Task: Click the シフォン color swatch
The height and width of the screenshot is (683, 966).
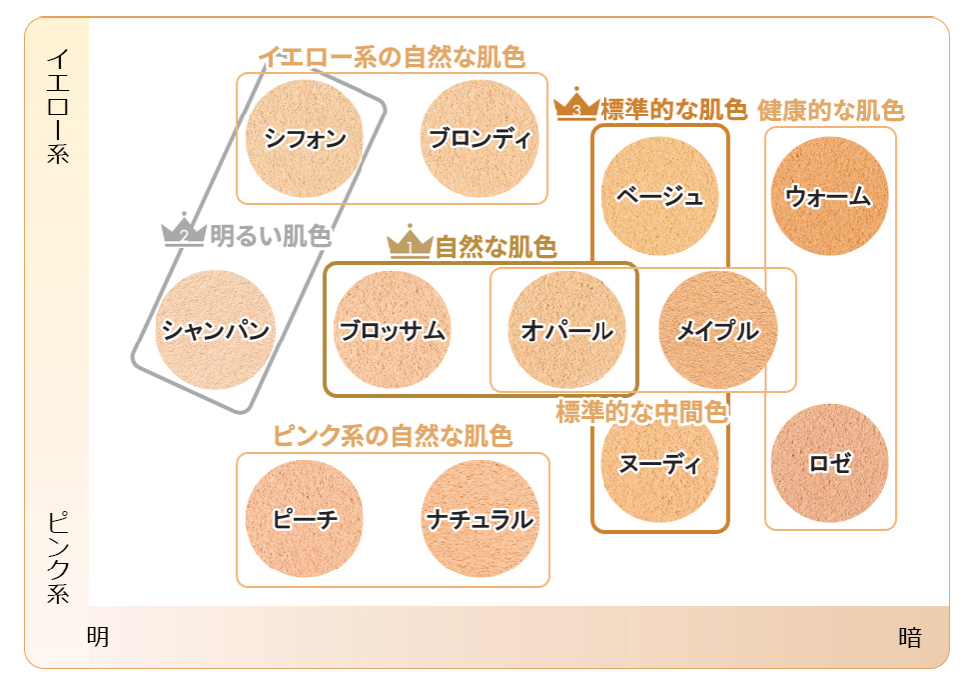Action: click(x=305, y=138)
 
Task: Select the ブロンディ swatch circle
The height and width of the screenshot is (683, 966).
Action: click(x=479, y=138)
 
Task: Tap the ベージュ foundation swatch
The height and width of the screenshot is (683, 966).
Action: click(x=659, y=196)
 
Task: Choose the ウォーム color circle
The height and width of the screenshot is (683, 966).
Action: click(x=830, y=196)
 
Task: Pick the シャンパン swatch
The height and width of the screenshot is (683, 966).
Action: click(x=215, y=330)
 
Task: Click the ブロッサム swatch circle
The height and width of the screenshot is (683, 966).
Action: click(x=391, y=330)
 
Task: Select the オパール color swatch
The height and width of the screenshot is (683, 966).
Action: click(x=567, y=330)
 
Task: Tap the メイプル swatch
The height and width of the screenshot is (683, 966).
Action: click(x=718, y=330)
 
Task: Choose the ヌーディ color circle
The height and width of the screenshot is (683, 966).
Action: click(x=659, y=463)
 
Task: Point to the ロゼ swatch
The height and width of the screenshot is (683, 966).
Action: click(x=830, y=463)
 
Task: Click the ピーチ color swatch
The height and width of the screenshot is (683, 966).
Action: click(x=305, y=519)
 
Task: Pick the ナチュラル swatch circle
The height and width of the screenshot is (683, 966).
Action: click(x=479, y=519)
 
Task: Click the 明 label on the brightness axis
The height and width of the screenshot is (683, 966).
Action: click(x=98, y=637)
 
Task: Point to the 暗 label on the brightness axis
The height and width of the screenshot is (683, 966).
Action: click(x=910, y=637)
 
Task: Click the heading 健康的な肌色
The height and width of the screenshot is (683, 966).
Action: click(x=831, y=111)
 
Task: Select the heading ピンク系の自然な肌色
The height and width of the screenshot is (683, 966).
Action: click(x=392, y=436)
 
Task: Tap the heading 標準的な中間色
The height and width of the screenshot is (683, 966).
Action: click(x=642, y=412)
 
